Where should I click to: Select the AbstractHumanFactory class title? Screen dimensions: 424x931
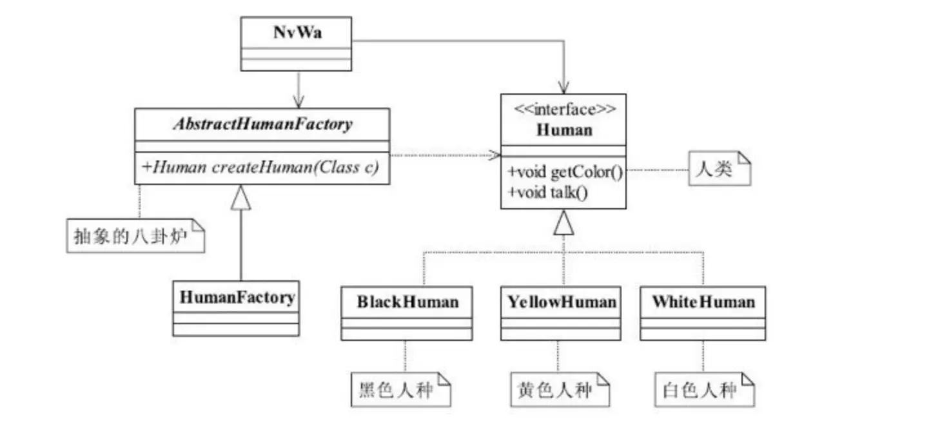(262, 124)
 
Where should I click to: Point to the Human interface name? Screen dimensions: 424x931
(563, 130)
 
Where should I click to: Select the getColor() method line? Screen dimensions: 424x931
(563, 173)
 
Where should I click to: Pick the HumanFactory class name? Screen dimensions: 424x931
(237, 297)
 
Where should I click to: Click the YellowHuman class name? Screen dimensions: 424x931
(562, 302)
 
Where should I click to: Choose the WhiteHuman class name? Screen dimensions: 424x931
(703, 302)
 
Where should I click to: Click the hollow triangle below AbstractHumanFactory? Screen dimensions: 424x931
(241, 199)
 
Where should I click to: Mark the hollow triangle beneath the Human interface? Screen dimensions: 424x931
(563, 224)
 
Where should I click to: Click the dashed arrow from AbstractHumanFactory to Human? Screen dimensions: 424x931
(445, 155)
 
